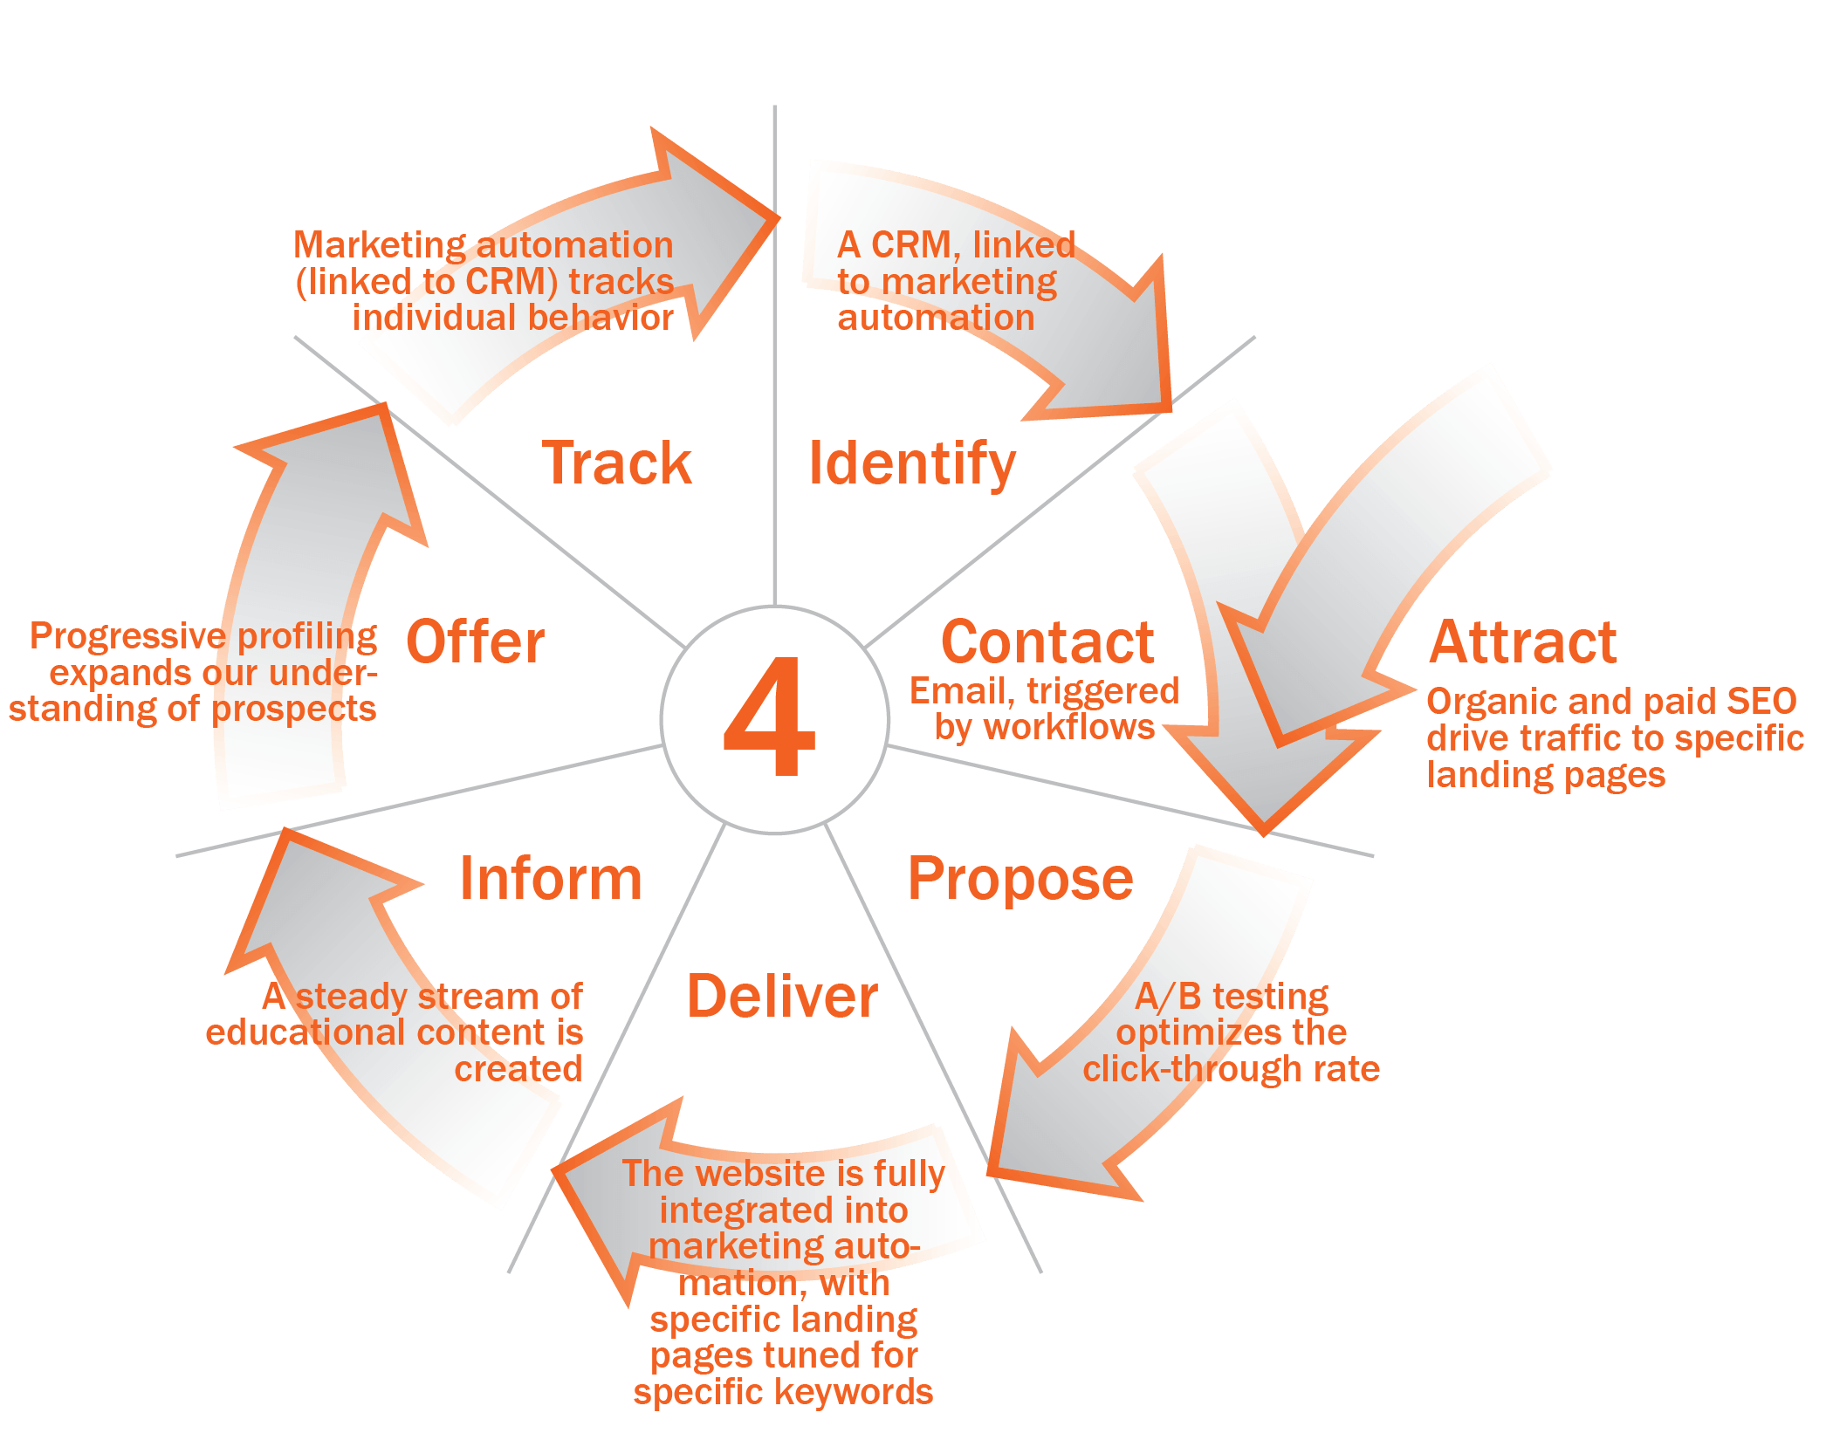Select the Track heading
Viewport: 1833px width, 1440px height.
[x=616, y=463]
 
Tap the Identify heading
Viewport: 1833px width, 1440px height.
[x=912, y=464]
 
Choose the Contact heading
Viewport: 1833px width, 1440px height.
[x=1047, y=642]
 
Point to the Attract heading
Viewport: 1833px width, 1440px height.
[x=1523, y=642]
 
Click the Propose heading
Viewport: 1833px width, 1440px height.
[x=1020, y=880]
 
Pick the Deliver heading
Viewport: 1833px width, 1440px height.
[x=782, y=996]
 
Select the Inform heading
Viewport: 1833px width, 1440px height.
[x=551, y=878]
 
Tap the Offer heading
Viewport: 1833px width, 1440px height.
[x=476, y=642]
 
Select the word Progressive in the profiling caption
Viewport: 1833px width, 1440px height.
[x=128, y=637]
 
